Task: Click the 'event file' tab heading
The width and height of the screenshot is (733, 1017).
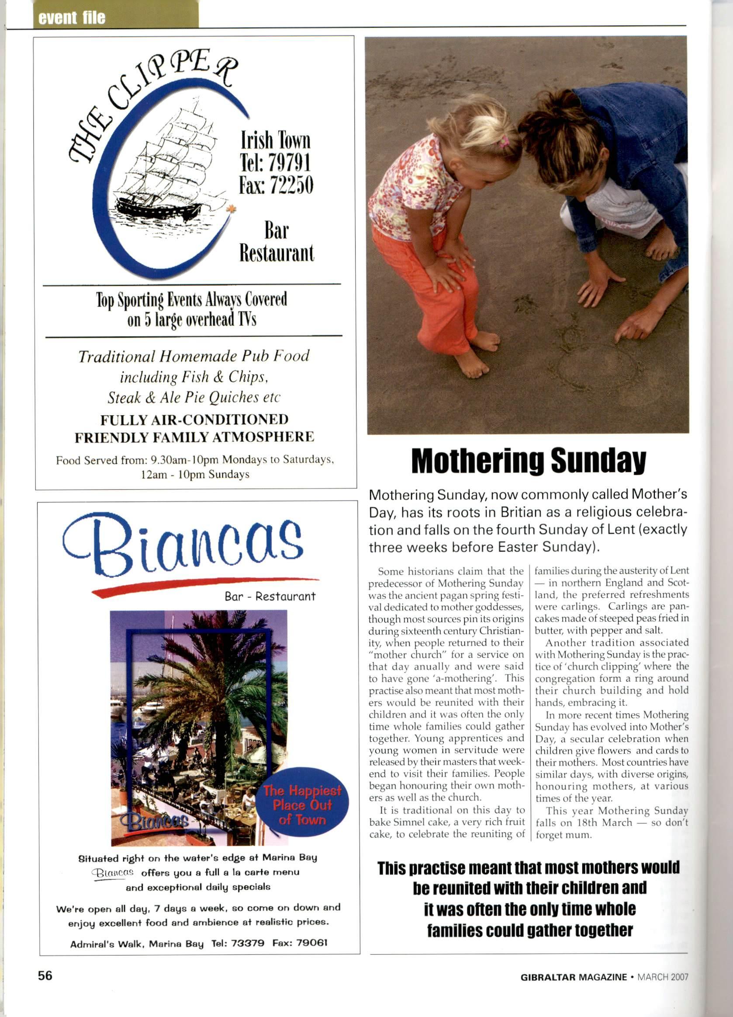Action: coord(72,18)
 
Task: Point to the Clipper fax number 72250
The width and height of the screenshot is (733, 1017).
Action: coord(290,185)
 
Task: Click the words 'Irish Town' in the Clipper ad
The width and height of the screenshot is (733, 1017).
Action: coord(275,140)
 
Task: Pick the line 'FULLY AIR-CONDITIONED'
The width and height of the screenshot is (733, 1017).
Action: coord(194,419)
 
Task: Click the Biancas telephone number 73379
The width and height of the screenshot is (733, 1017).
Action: coord(248,943)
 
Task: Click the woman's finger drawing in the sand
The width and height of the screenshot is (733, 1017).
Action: coord(621,335)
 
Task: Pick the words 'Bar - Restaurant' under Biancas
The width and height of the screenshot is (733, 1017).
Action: coord(270,597)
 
